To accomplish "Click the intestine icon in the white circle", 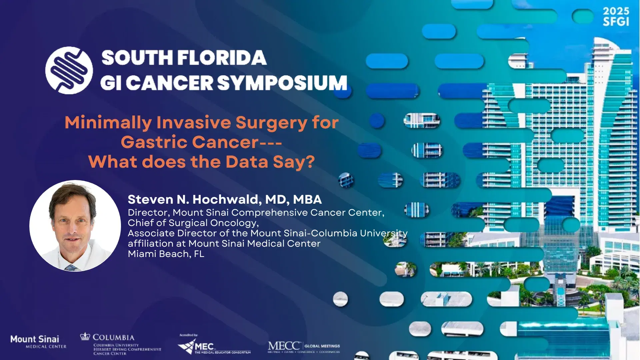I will (69, 70).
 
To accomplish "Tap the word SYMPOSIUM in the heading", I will (283, 83).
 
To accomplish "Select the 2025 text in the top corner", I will (616, 11).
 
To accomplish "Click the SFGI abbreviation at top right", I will (616, 22).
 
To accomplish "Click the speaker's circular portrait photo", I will (75, 226).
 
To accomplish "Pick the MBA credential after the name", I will (307, 199).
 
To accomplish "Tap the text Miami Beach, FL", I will (166, 254).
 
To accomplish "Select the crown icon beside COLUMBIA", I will (85, 336).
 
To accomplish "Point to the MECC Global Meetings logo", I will (303, 347).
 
